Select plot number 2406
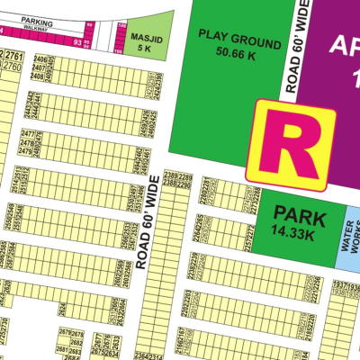click(38, 59)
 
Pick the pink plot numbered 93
click(79, 42)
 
